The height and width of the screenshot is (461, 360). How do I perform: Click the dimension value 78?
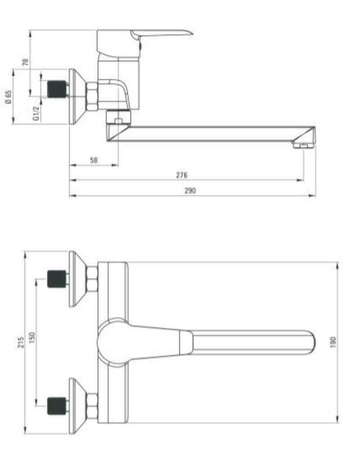26,62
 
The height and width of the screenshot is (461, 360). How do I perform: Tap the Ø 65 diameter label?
9,97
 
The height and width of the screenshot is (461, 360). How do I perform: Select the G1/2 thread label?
36,113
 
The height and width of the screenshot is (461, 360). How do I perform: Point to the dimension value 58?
94,160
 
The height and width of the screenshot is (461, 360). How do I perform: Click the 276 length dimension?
182,175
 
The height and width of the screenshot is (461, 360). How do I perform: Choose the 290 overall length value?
190,190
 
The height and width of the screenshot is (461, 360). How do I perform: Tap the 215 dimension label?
21,342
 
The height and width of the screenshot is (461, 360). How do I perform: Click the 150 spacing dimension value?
32,338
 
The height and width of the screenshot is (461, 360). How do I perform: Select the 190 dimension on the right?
333,343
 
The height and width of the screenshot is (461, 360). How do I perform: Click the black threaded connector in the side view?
57,89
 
